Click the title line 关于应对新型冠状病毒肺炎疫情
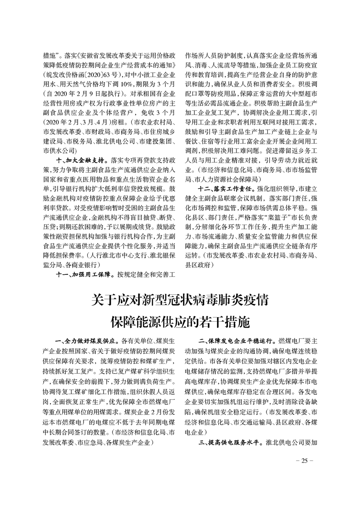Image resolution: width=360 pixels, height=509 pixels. click(x=180, y=300)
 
